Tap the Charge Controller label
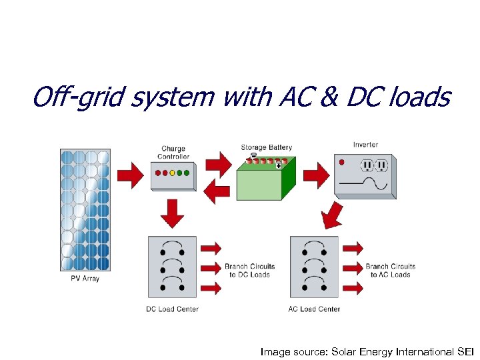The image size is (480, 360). [x=173, y=153]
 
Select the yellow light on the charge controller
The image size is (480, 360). [x=172, y=173]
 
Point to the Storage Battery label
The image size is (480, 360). [x=267, y=147]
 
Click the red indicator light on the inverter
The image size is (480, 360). [x=342, y=162]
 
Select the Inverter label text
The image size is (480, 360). [x=365, y=145]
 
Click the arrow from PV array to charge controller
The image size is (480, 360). [x=130, y=176]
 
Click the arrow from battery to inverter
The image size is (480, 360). [x=316, y=176]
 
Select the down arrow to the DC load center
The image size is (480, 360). [x=173, y=213]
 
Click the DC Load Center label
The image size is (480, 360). [x=172, y=309]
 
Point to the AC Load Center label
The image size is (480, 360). [x=314, y=309]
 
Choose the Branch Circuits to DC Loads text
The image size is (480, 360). [x=249, y=271]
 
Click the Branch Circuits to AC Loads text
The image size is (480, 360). [x=391, y=271]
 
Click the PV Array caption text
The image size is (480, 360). [x=85, y=279]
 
